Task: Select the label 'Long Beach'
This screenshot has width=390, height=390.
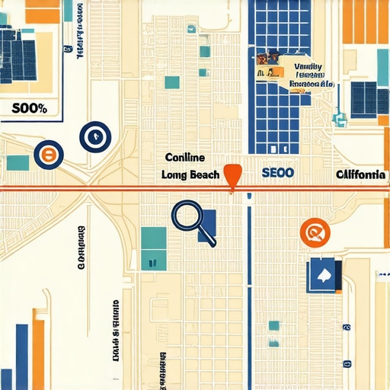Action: (x=190, y=174)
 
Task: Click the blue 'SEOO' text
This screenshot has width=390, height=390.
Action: (x=277, y=173)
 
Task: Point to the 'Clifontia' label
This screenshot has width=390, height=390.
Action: (x=360, y=174)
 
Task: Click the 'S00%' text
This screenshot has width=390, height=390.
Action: (x=30, y=108)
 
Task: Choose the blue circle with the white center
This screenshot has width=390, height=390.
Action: (x=95, y=136)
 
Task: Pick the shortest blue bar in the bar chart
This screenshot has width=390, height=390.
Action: (x=22, y=357)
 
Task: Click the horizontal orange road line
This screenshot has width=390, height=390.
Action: (x=114, y=188)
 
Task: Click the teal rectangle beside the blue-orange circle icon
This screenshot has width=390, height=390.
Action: (x=17, y=162)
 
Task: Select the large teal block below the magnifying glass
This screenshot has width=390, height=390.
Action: (x=153, y=248)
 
